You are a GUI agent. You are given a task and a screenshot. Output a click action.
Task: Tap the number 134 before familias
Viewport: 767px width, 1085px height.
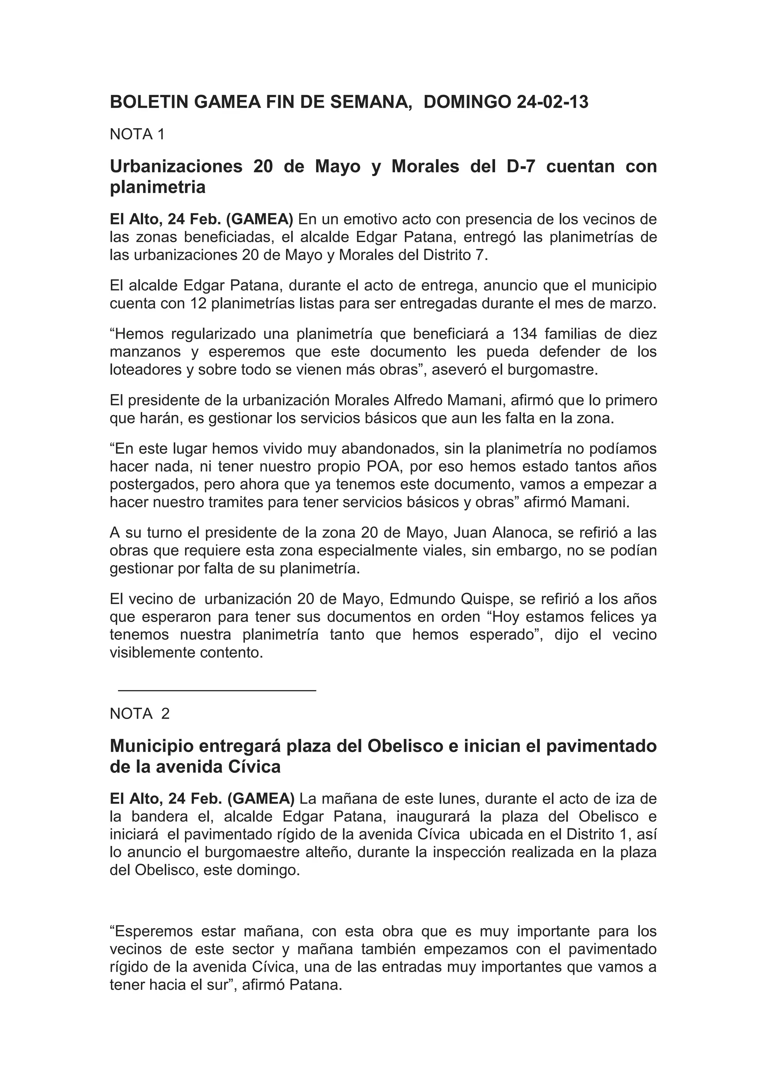click(x=524, y=334)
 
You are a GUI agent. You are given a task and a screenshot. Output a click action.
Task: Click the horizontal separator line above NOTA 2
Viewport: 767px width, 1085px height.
click(x=217, y=690)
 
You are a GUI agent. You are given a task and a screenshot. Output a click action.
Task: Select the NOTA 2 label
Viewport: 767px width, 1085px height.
click(x=139, y=714)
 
